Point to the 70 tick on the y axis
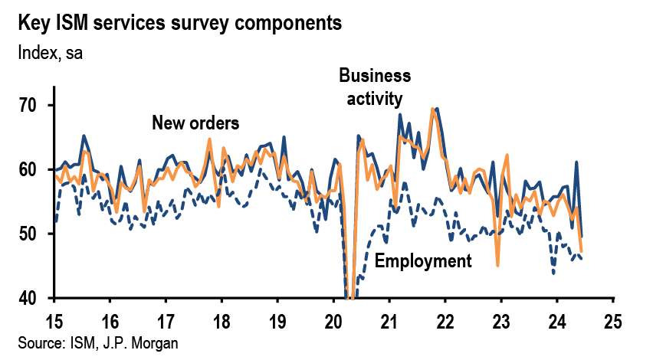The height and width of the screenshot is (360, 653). tap(34, 105)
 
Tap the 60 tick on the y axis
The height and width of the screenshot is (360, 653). tap(34, 169)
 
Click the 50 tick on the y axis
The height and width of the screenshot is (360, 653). tap(34, 234)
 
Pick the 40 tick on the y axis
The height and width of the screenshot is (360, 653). tap(34, 298)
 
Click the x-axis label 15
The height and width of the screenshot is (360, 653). tap(54, 319)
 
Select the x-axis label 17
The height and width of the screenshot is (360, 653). tap(166, 319)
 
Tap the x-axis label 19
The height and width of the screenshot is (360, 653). tap(277, 319)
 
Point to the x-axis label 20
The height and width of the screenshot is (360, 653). tap(333, 319)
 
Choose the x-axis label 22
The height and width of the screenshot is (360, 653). tap(445, 319)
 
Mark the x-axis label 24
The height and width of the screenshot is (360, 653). tap(557, 319)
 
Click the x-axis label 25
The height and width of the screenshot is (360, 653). tap(613, 319)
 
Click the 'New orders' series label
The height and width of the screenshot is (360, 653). tap(195, 123)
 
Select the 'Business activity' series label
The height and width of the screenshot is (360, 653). tap(375, 87)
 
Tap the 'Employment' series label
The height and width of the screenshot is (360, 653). tap(423, 261)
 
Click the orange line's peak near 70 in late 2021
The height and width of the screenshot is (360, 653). tap(434, 110)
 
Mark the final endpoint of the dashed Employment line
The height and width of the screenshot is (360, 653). tap(581, 260)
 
